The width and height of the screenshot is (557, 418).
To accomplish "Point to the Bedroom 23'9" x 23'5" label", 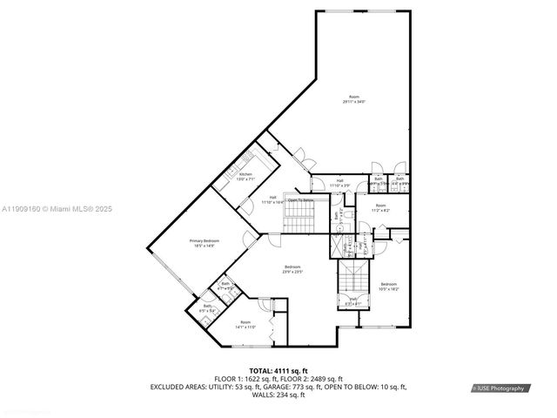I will [x=292, y=269].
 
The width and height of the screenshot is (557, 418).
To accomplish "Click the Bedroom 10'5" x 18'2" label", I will [x=388, y=287].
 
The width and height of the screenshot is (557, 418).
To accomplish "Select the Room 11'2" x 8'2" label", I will [x=380, y=208].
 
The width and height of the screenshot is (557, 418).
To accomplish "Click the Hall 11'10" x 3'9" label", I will [x=339, y=183].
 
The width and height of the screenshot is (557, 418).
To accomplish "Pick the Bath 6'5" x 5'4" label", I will [x=208, y=307].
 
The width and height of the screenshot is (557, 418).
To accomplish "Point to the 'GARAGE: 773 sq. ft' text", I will [x=306, y=386].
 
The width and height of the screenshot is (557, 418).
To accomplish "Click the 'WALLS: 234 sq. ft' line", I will [x=278, y=394].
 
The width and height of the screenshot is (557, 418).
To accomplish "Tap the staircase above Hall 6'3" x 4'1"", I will [x=352, y=280].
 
